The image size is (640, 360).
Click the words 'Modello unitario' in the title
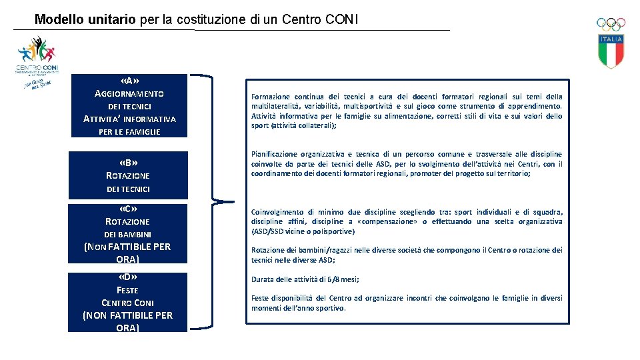coord(85,19)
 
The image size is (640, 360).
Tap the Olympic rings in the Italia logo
coord(611,24)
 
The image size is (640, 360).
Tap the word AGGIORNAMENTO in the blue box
coord(129,93)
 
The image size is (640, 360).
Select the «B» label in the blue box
coord(128,162)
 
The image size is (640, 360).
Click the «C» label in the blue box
coord(128,208)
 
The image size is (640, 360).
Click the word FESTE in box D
coord(127,290)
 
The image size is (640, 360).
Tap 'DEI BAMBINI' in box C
coord(128,234)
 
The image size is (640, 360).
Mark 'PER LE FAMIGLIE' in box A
coord(129,132)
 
